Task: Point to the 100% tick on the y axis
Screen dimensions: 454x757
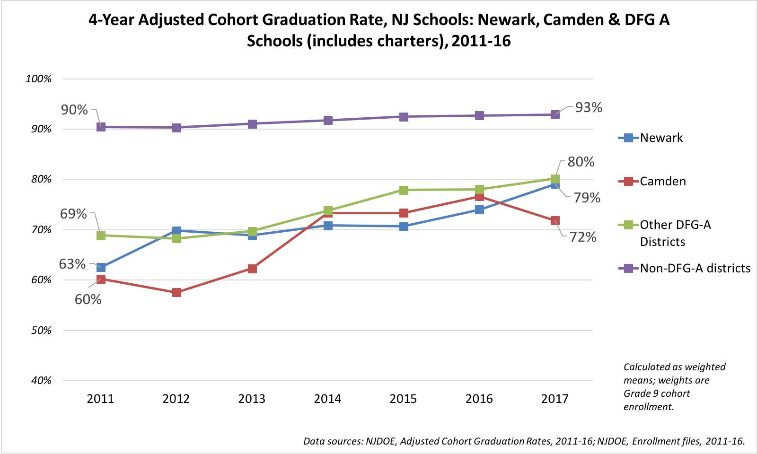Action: (38, 79)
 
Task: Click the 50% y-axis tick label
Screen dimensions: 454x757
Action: (41, 331)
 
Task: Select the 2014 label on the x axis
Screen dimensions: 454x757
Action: (327, 399)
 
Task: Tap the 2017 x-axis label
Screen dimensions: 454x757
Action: (555, 399)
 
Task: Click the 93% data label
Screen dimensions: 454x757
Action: (589, 108)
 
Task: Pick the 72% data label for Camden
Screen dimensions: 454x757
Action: (583, 237)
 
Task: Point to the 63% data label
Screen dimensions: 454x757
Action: (72, 264)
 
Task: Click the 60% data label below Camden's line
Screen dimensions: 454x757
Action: (88, 299)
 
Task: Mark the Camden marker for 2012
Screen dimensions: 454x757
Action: (176, 293)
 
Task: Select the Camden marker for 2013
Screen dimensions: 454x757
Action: (252, 269)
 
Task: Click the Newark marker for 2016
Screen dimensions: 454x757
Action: (479, 210)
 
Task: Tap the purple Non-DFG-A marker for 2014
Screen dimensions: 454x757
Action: (328, 120)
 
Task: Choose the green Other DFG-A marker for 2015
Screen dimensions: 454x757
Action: (404, 190)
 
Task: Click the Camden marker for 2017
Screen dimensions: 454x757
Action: (555, 221)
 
